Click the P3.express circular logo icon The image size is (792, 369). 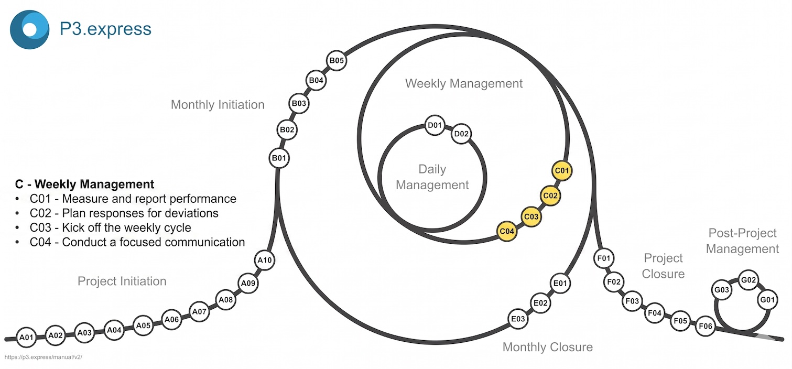pos(29,29)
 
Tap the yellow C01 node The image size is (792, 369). pos(562,171)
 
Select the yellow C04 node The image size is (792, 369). pos(507,231)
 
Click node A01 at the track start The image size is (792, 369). pos(26,338)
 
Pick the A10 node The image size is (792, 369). pos(265,260)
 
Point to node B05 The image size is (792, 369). pos(336,61)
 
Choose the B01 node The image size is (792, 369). pos(279,158)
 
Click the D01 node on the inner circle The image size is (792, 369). pos(435,125)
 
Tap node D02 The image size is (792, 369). pos(461,134)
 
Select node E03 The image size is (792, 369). pos(518,319)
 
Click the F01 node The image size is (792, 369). pos(604,258)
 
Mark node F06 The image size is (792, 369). pos(706,327)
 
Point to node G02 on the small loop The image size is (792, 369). pos(748,280)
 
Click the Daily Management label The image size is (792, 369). pos(432,177)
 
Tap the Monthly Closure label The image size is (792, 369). pos(547,347)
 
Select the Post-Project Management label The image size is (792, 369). pos(742,241)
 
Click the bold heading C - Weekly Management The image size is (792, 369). pos(84,184)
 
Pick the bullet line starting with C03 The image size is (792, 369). pos(111,228)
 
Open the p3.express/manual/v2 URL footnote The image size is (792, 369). pos(44,357)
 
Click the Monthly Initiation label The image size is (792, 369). pos(218,105)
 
